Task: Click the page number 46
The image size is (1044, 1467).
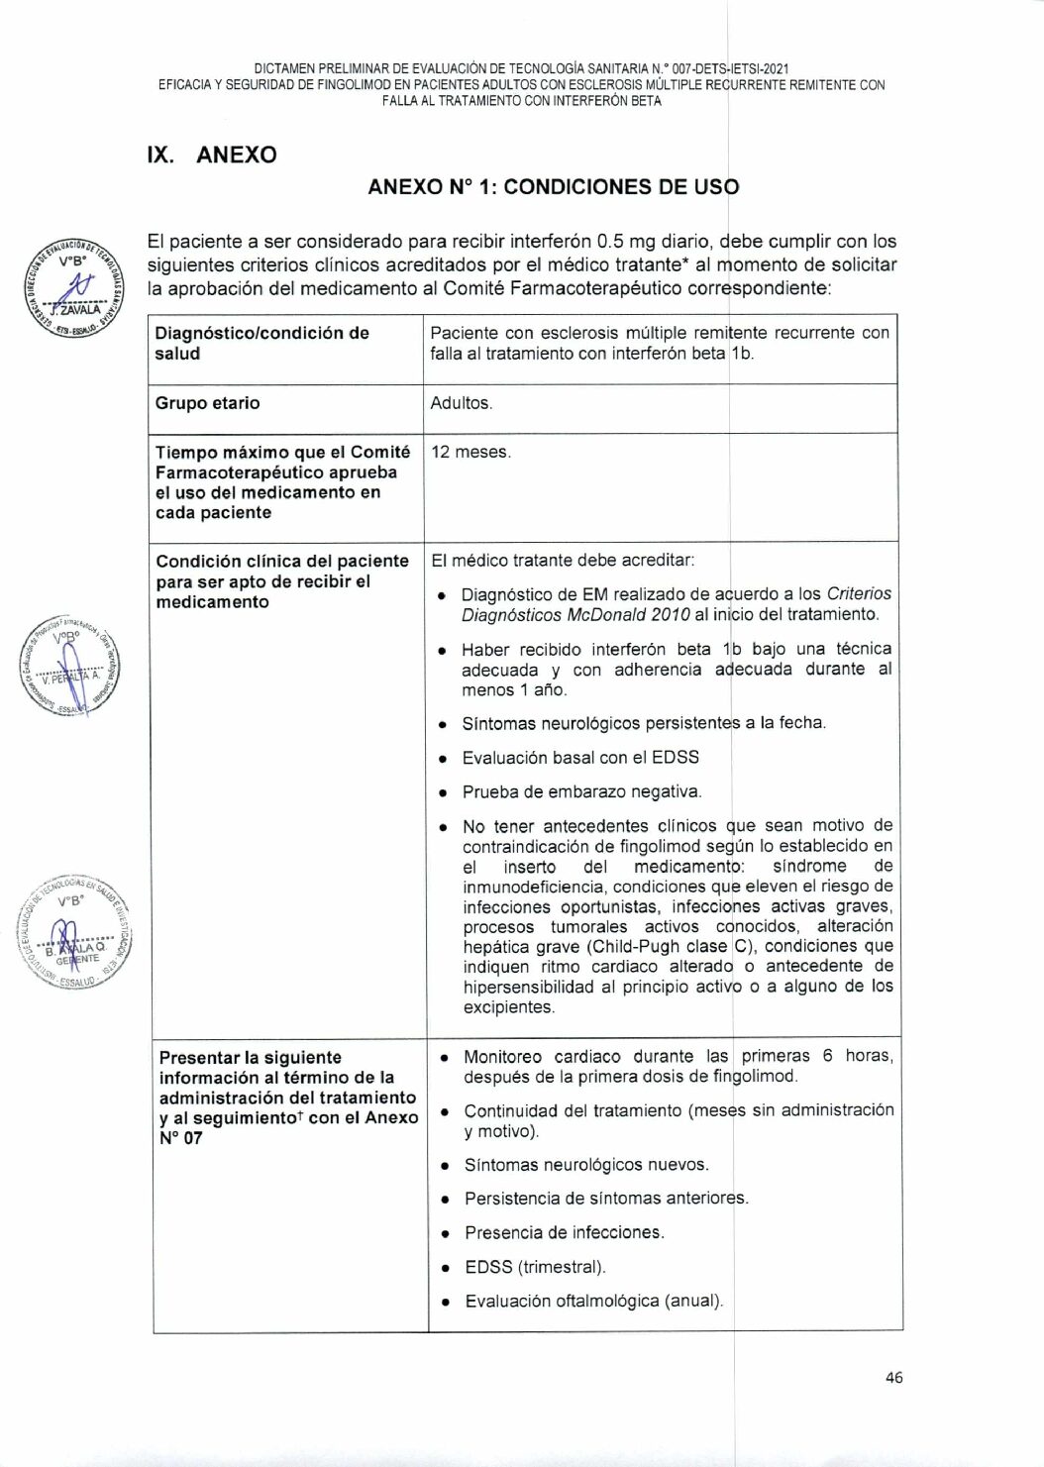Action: point(893,1377)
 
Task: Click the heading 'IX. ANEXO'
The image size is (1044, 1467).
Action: point(211,155)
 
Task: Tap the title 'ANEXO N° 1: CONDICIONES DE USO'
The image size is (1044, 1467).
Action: point(553,187)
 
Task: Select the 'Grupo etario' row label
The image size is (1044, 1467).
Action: point(207,403)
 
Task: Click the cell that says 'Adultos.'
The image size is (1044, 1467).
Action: point(462,403)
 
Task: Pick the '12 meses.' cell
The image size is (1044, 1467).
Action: point(470,452)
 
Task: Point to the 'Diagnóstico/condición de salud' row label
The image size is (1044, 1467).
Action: point(261,343)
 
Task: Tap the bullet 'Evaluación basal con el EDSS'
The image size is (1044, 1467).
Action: point(580,758)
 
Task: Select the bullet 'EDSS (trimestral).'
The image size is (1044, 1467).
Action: point(535,1267)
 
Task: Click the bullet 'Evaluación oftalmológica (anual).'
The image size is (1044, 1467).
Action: point(594,1301)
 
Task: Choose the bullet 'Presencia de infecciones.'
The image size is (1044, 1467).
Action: point(565,1232)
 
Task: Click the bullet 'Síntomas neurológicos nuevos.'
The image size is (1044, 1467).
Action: point(586,1165)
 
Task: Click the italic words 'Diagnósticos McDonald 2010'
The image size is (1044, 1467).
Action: point(575,614)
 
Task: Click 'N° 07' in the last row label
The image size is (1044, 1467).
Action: point(180,1138)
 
